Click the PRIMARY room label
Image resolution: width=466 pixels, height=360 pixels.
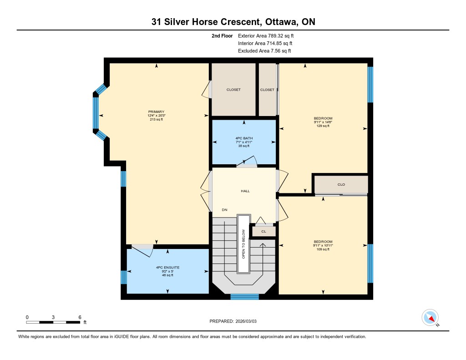[x=156, y=112]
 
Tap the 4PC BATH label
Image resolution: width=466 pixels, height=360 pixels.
[x=244, y=138]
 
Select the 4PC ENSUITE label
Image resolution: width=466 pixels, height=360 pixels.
[x=167, y=268]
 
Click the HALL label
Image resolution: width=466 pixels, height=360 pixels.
[x=245, y=191]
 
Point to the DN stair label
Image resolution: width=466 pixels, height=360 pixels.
[x=224, y=210]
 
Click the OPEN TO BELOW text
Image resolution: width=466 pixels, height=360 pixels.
[x=243, y=244]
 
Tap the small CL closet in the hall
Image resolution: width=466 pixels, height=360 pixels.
[x=264, y=231]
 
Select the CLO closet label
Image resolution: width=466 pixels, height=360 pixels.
[x=341, y=185]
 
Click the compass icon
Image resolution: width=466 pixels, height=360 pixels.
[x=430, y=318]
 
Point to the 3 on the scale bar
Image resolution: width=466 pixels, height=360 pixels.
[x=53, y=317]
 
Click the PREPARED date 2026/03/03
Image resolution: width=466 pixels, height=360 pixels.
[x=246, y=321]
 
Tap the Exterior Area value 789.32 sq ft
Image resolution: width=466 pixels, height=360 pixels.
[x=281, y=36]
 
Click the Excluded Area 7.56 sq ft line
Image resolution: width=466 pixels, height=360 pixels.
[x=264, y=51]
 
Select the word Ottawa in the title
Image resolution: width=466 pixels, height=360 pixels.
[x=281, y=22]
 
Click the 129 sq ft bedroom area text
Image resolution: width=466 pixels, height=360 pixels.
[x=323, y=126]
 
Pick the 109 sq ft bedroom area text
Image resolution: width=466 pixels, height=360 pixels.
[x=323, y=249]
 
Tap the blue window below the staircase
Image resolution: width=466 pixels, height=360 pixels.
[x=244, y=296]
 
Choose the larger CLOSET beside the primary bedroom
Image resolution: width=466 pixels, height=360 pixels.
[x=233, y=90]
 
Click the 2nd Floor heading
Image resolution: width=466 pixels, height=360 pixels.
[x=222, y=36]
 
